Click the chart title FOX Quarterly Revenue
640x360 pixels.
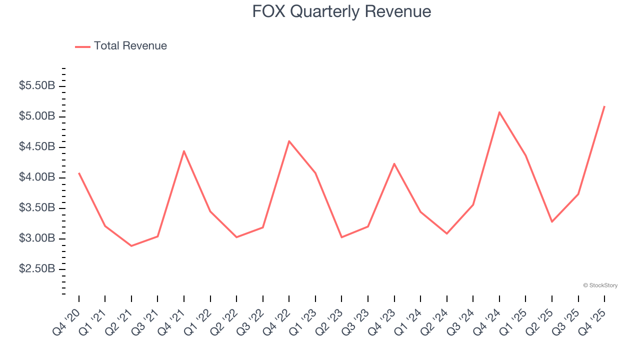(341, 11)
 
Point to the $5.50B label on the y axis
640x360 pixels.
(37, 86)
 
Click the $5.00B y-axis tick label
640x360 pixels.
(37, 116)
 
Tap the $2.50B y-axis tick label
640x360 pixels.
(37, 269)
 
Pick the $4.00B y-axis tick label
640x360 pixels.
(37, 177)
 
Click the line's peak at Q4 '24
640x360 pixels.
(499, 112)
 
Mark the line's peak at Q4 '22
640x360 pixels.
(289, 141)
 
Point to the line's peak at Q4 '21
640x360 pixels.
(184, 151)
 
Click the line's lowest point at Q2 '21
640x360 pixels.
(131, 246)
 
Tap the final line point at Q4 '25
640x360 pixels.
(604, 106)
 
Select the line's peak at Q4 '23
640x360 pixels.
(394, 163)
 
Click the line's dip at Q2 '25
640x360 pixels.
(552, 221)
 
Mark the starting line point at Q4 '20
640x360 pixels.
(79, 173)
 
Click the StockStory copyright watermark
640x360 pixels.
(600, 285)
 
